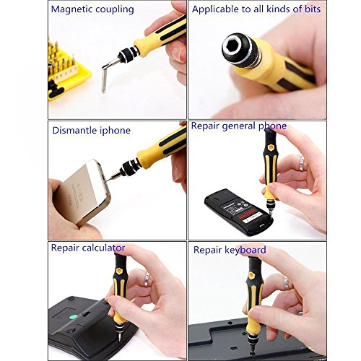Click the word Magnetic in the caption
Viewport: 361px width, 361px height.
(x=71, y=9)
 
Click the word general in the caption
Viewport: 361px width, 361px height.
(x=238, y=126)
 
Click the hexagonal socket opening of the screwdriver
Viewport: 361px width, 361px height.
(x=235, y=48)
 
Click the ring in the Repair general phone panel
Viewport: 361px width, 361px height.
(x=303, y=164)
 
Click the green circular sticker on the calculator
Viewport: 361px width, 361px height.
(x=74, y=317)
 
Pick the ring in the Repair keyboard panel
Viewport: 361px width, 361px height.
(x=286, y=283)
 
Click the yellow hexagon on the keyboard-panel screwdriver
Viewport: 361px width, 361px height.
(x=251, y=275)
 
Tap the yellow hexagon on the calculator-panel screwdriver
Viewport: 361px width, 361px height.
(x=119, y=271)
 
